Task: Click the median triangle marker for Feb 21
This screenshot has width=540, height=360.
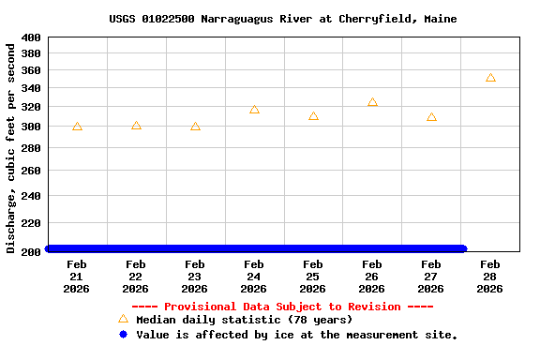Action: click(77, 127)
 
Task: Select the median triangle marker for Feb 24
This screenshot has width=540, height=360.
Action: click(254, 110)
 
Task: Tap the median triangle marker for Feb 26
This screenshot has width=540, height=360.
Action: click(372, 102)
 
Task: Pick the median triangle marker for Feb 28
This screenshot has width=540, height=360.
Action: click(490, 78)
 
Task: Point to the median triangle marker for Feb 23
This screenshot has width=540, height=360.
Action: click(195, 127)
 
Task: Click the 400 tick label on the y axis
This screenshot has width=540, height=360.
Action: click(31, 37)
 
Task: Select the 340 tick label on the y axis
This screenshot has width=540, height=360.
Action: click(31, 88)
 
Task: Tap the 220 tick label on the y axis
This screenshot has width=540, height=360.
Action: click(31, 223)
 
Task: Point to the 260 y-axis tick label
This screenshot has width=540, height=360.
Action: click(31, 171)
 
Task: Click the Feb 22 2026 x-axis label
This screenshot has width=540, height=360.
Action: click(136, 277)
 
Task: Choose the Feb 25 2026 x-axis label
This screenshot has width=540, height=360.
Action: click(313, 277)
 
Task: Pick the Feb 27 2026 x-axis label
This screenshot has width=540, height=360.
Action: click(431, 277)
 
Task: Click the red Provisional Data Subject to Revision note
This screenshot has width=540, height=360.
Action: click(282, 307)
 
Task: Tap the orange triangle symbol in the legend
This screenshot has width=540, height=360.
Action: click(123, 320)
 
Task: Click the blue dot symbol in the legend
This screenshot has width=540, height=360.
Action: click(123, 335)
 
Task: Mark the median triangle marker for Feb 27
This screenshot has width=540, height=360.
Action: click(431, 117)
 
